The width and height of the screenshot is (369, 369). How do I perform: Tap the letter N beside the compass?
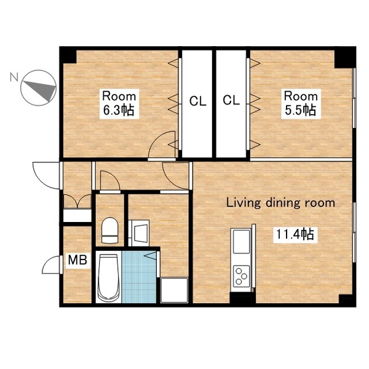(x=14, y=77)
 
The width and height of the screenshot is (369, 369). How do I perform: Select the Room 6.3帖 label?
(x=119, y=103)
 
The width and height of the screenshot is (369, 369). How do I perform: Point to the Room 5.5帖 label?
(x=301, y=103)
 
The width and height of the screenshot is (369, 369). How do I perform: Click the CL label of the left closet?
(x=197, y=101)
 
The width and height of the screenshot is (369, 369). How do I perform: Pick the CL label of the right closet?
(x=231, y=100)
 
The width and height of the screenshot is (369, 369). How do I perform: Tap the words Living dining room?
(x=280, y=203)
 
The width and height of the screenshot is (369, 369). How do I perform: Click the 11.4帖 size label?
(x=295, y=234)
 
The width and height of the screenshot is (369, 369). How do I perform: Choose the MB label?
(x=77, y=260)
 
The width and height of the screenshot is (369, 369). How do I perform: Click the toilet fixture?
(x=109, y=231)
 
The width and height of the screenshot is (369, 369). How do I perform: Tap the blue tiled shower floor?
(x=139, y=277)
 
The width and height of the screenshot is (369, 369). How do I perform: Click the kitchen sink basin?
(x=242, y=242)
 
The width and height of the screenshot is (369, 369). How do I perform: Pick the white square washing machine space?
(x=174, y=290)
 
